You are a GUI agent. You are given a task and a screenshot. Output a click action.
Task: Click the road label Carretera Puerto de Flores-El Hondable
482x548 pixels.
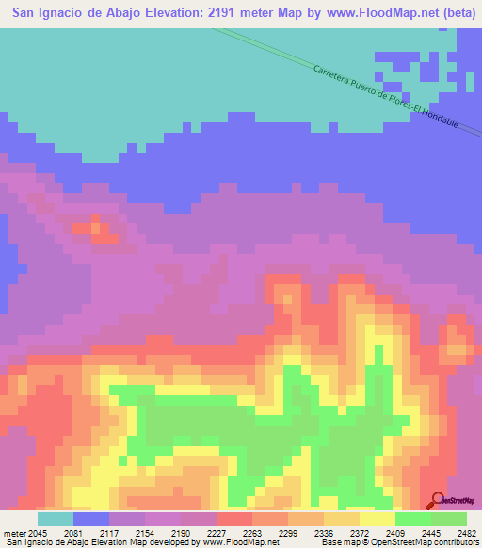pos(386,97)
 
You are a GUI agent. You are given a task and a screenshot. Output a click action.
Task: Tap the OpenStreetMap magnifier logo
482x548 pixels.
pos(437,500)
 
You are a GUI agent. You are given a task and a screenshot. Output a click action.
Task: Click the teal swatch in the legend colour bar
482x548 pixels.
pos(56,518)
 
